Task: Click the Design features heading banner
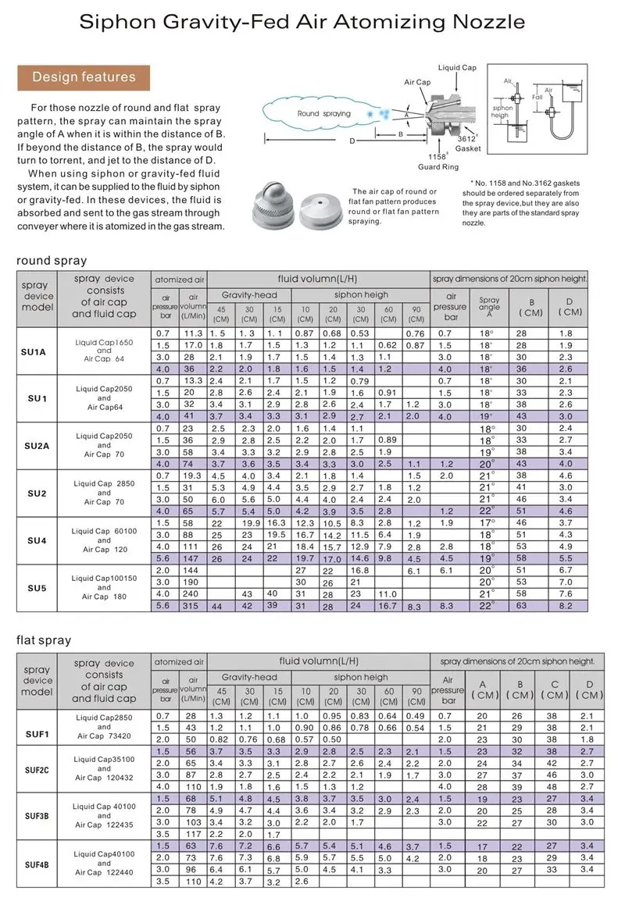pyautogui.click(x=84, y=77)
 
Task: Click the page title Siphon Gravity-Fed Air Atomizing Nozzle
pyautogui.click(x=312, y=23)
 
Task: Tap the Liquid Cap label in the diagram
pyautogui.click(x=457, y=68)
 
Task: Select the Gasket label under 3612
pyautogui.click(x=468, y=148)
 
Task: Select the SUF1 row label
pyautogui.click(x=36, y=733)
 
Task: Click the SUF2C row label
pyautogui.click(x=36, y=770)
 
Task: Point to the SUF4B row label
pyautogui.click(x=36, y=864)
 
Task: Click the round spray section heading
pyautogui.click(x=52, y=260)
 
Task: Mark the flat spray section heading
pyautogui.click(x=44, y=640)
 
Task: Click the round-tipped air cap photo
pyautogui.click(x=273, y=208)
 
